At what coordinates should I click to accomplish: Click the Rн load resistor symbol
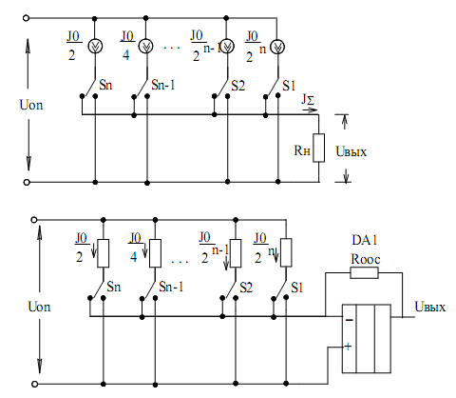tap(318, 148)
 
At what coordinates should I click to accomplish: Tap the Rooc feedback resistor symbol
tap(364, 272)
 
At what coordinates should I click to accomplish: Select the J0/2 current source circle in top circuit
tap(95, 47)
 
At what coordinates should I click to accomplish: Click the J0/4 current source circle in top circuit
tap(146, 47)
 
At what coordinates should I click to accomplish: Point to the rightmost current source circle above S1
tap(277, 47)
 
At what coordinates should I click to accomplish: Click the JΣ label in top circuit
tap(308, 100)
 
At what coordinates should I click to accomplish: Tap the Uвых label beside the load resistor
tap(351, 151)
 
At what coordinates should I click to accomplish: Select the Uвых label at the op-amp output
tap(430, 307)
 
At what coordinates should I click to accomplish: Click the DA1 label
tap(365, 240)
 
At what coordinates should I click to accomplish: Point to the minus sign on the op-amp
tap(350, 320)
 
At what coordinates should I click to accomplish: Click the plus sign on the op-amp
tap(348, 347)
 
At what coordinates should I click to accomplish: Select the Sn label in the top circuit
tap(105, 85)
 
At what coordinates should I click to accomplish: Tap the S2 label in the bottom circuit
tap(246, 288)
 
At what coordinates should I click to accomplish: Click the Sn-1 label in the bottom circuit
tap(171, 287)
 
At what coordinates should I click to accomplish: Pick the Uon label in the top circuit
tap(31, 105)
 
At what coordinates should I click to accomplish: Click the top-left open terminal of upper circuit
tap(27, 18)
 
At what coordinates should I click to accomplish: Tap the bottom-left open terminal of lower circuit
tap(35, 384)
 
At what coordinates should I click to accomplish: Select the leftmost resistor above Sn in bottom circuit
tap(104, 253)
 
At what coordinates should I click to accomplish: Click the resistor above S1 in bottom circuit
tap(286, 252)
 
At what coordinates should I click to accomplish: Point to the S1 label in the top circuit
tap(289, 86)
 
